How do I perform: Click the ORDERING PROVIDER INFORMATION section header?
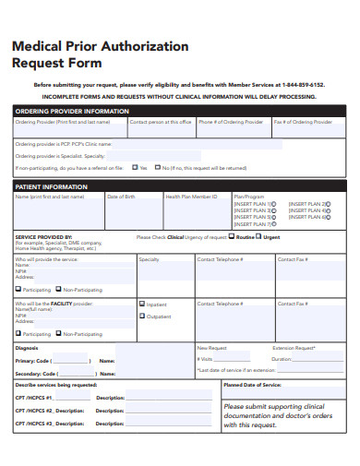[72, 111]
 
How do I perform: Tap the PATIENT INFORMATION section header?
[52, 187]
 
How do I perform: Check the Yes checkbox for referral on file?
[135, 168]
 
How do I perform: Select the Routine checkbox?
[233, 237]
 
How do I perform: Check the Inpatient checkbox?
[142, 304]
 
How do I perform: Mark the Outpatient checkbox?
[142, 316]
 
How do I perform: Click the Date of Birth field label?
[121, 197]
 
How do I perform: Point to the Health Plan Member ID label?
[191, 197]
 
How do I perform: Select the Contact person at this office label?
[161, 122]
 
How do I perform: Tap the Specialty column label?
[149, 259]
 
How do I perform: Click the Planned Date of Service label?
[252, 384]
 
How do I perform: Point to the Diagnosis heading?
[27, 348]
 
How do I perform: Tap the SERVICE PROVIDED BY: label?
[42, 236]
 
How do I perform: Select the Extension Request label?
[294, 348]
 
